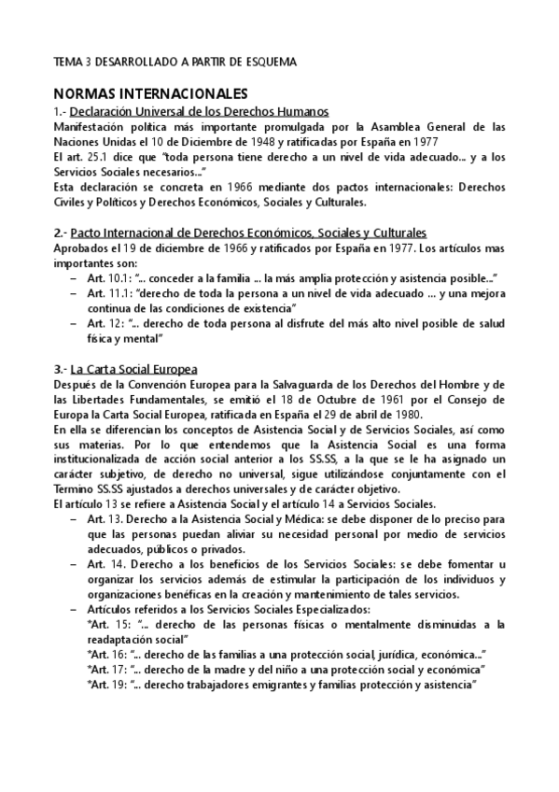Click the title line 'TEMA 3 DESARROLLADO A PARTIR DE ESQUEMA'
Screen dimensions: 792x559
[175, 62]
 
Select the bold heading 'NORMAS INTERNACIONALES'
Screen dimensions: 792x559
[150, 93]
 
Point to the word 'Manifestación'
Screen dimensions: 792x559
[93, 127]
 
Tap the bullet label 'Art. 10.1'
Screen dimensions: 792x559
[106, 279]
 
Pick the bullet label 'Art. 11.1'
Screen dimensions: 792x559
[106, 294]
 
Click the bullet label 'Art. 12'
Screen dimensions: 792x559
[103, 324]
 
